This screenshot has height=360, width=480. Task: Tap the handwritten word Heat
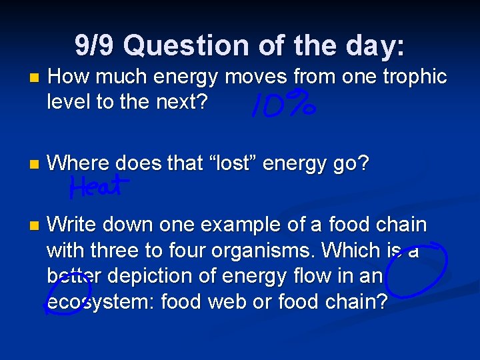click(96, 187)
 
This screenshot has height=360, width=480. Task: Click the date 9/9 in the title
click(95, 46)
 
